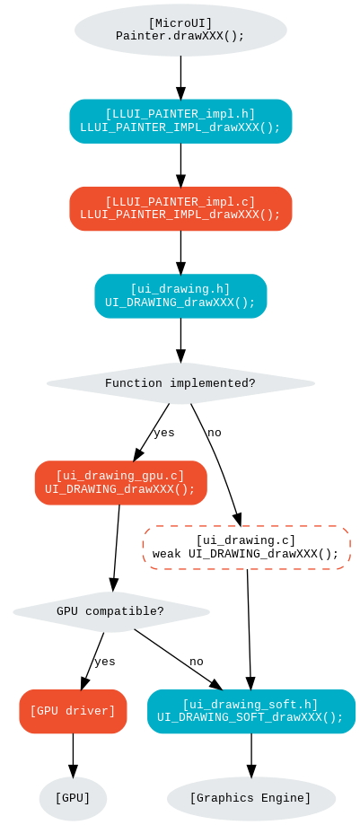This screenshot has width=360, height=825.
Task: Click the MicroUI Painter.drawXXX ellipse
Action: pos(180,30)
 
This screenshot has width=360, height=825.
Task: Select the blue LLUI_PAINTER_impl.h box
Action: pos(180,121)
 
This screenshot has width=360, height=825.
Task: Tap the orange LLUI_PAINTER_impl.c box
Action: pos(180,208)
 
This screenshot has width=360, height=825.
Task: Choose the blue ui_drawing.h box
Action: pos(180,296)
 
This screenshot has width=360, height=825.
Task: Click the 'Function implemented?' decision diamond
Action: pos(180,383)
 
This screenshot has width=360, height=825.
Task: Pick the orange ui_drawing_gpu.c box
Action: pos(120,483)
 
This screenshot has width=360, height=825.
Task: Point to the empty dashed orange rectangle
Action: pos(246,548)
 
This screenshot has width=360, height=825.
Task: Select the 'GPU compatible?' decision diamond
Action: pos(110,612)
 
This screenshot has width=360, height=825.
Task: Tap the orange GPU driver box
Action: pos(73,711)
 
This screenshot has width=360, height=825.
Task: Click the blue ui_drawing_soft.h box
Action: pos(250,711)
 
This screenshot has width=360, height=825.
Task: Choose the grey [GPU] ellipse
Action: pos(73,798)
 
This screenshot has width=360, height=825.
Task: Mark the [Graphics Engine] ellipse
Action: pos(250,798)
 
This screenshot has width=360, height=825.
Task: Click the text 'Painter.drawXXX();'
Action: pos(180,37)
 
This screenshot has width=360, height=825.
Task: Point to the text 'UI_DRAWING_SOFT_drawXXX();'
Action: pos(250,718)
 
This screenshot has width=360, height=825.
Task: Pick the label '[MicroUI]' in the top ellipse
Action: pos(180,23)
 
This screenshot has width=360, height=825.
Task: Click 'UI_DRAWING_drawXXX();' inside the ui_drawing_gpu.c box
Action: pos(120,490)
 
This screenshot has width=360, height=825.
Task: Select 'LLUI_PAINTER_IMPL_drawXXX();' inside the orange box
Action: pos(180,215)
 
